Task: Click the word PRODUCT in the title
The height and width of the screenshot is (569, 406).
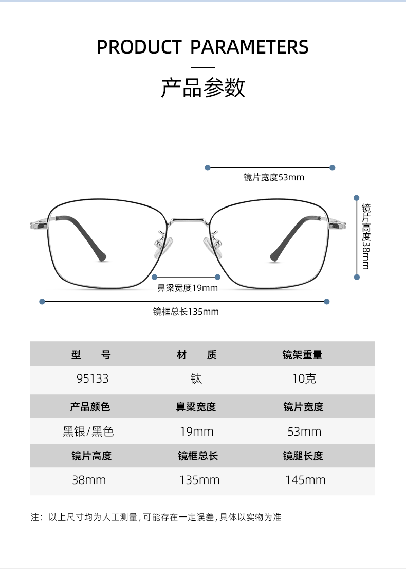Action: (x=139, y=47)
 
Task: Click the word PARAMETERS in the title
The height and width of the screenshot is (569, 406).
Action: (x=249, y=47)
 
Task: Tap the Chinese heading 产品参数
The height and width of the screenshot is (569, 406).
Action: (x=203, y=88)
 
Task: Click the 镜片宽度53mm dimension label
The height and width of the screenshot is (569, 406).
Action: (x=273, y=178)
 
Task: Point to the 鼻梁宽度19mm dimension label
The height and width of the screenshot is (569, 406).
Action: (x=187, y=288)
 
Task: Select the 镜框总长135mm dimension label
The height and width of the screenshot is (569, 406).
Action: (x=186, y=312)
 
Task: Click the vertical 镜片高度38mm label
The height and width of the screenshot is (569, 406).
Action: (x=366, y=236)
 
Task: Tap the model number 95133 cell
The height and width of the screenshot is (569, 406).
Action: (x=93, y=379)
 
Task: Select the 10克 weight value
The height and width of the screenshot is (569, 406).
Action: (x=304, y=379)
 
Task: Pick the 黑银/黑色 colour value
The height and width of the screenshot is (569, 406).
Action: (x=88, y=432)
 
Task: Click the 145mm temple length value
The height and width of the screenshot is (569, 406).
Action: (x=305, y=480)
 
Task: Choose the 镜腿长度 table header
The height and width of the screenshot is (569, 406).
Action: (x=303, y=456)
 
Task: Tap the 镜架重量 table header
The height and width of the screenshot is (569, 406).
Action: (x=302, y=355)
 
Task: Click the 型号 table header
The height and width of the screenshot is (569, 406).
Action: (x=91, y=355)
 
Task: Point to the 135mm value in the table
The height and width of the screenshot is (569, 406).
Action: (x=199, y=480)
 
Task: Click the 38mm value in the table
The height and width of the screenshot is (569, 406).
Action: (x=89, y=480)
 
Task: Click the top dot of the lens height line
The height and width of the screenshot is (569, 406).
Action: (x=356, y=197)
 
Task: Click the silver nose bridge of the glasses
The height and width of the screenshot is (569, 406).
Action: (x=188, y=221)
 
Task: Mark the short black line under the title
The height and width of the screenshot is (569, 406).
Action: (x=203, y=67)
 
